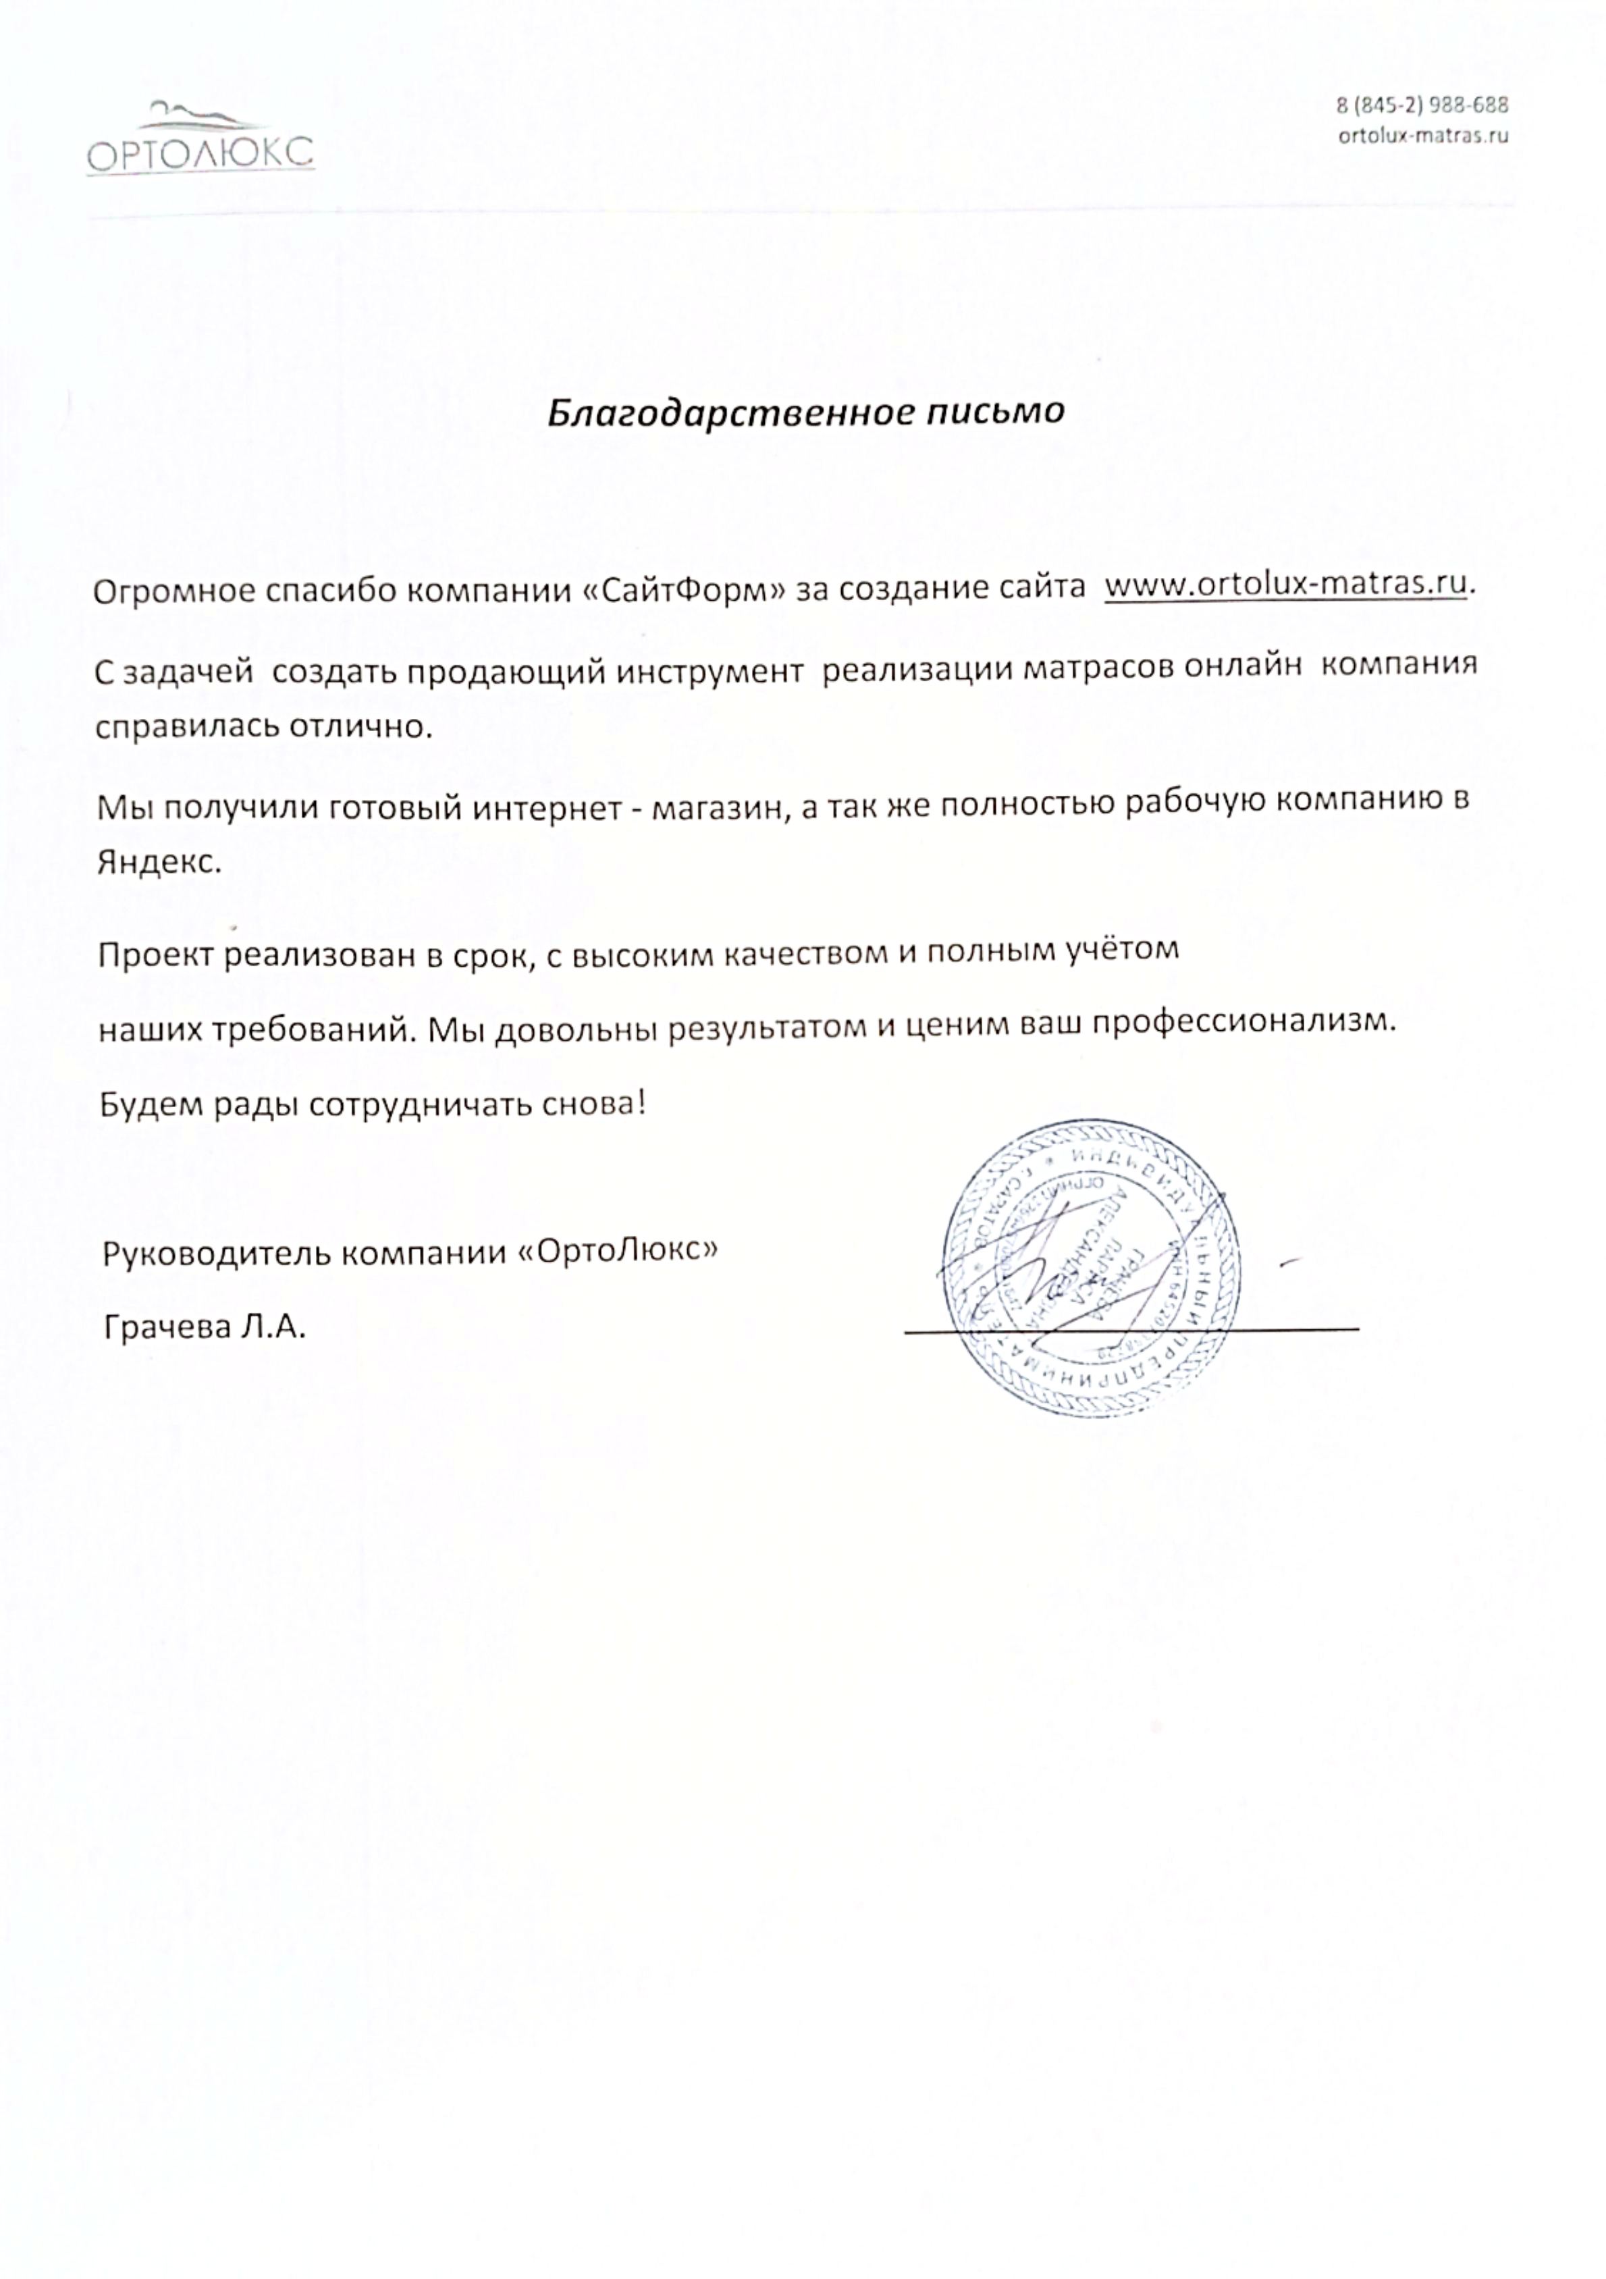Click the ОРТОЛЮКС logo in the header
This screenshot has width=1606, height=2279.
click(200, 140)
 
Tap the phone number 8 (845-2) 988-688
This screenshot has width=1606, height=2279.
click(1422, 105)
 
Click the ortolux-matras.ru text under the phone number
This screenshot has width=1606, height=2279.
click(1422, 135)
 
